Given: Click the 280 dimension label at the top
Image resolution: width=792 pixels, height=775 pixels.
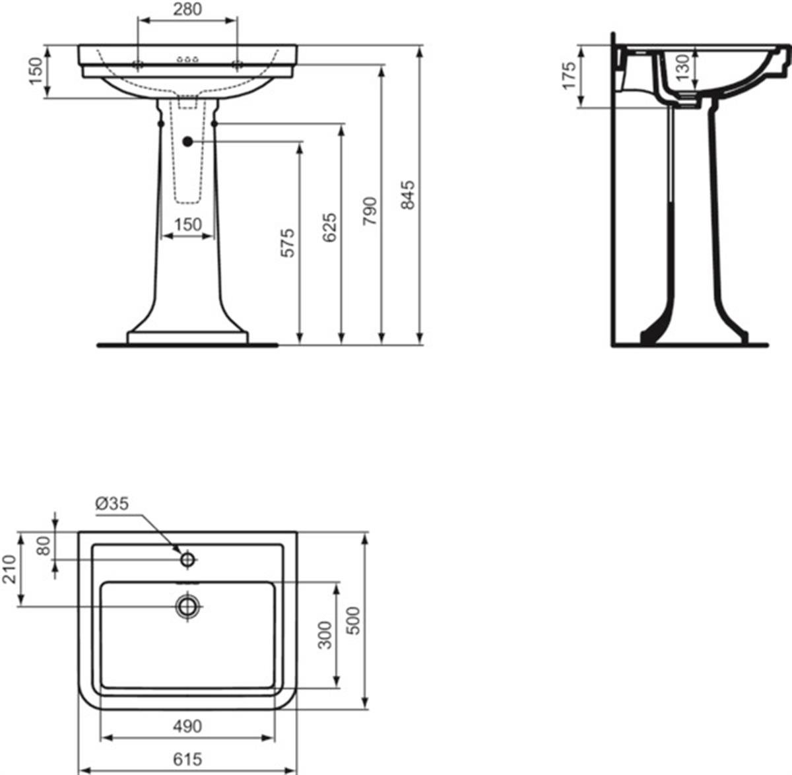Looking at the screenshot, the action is point(187,9).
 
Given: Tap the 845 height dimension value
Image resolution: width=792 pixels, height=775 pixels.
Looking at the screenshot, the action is point(407,195).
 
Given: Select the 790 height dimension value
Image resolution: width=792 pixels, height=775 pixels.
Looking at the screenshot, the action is point(370,211).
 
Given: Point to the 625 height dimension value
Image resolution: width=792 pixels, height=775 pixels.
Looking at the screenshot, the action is point(329,228).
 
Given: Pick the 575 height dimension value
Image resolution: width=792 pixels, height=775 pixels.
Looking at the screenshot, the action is point(288,243).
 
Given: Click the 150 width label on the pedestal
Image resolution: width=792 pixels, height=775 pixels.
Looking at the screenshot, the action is point(187,224).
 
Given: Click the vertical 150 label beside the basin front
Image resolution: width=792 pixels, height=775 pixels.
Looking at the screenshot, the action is point(36,71).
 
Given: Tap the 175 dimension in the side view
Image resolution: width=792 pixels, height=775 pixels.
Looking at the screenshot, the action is point(569,75).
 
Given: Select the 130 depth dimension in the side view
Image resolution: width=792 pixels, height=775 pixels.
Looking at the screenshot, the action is point(684,67).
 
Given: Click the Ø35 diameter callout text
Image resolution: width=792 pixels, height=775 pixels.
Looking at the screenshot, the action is point(112,504).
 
